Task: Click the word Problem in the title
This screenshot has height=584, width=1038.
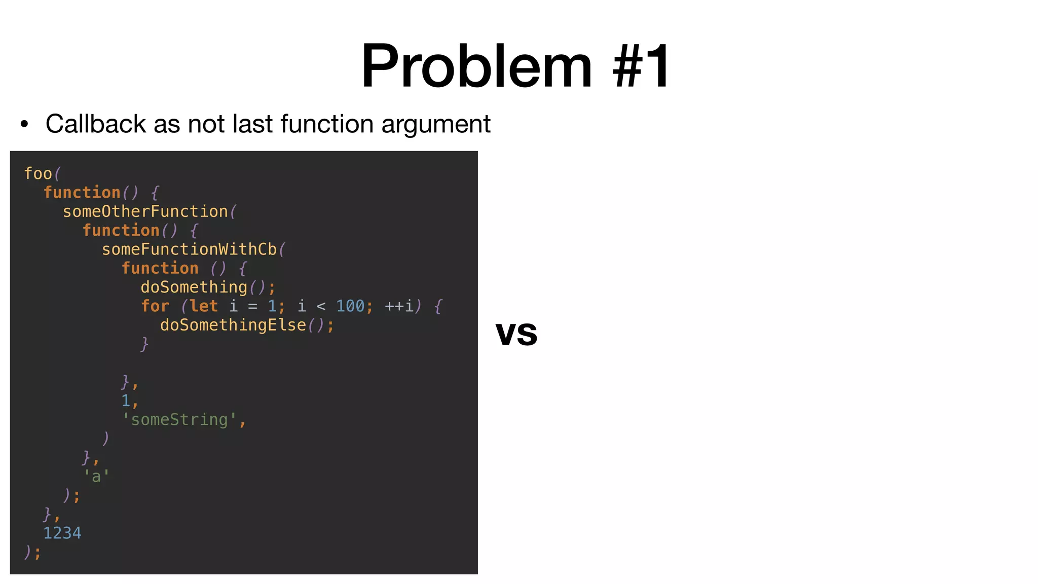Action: [476, 66]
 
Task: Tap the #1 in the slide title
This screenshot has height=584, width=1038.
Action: [641, 66]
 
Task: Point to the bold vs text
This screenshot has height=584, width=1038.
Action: [516, 334]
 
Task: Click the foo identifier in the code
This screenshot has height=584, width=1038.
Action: [38, 174]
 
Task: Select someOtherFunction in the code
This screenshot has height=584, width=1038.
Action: [145, 211]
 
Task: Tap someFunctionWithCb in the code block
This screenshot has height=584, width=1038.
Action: [189, 249]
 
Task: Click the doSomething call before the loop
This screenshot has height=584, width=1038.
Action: [194, 287]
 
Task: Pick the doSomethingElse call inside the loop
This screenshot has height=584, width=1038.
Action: [233, 325]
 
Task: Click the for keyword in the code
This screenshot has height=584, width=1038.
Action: [155, 306]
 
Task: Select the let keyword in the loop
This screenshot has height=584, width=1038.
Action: [204, 306]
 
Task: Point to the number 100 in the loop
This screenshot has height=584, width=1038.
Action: [350, 306]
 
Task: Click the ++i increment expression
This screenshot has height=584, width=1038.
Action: [399, 306]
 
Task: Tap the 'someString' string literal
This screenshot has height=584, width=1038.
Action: [179, 420]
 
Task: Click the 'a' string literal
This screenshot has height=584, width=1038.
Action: [96, 477]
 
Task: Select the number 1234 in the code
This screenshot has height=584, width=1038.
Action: [62, 533]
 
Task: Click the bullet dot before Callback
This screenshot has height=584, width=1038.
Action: [24, 124]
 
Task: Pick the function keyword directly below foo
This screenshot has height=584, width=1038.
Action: [82, 193]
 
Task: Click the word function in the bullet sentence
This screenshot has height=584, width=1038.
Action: [327, 124]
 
